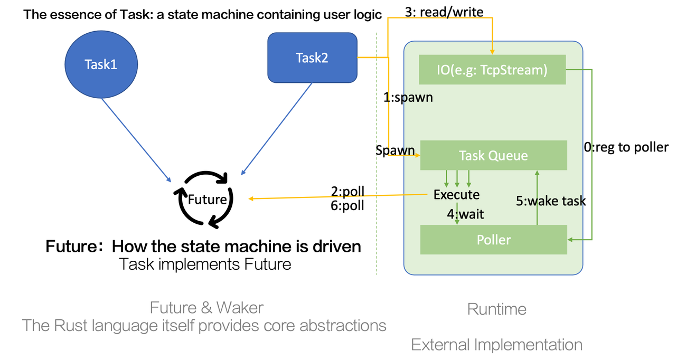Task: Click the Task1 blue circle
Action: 101,64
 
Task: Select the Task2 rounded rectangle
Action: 312,58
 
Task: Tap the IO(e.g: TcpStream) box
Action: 492,69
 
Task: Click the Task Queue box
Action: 493,155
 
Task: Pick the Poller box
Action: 493,240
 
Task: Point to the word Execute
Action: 456,194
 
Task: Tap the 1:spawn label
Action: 408,98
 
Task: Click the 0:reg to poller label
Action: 626,147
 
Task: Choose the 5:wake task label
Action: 551,201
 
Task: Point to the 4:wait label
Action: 465,214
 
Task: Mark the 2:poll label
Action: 348,191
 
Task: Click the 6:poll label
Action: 348,205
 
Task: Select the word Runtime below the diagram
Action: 496,309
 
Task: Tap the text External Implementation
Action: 496,345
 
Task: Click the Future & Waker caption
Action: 206,307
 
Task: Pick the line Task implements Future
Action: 205,263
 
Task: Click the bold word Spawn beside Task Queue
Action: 395,150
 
